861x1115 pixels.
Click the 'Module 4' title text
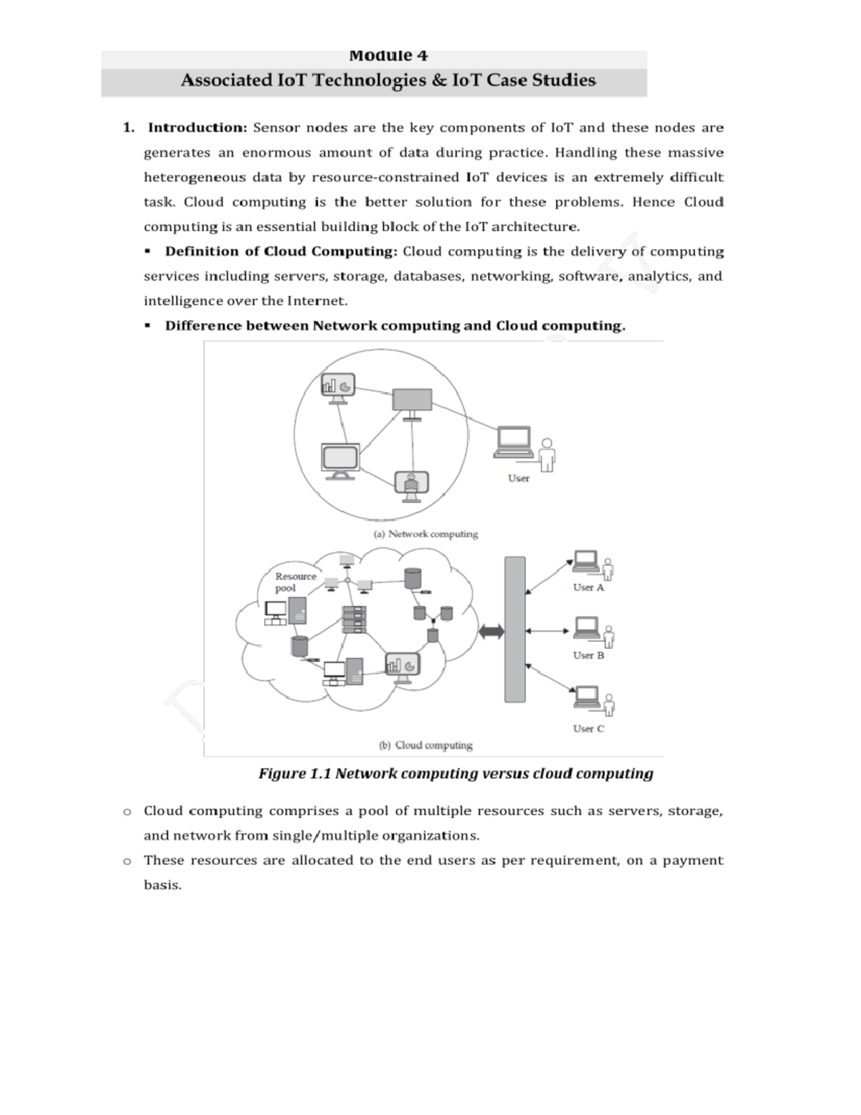click(x=388, y=56)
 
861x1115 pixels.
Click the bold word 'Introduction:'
click(x=197, y=128)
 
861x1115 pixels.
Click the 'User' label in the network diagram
click(x=518, y=478)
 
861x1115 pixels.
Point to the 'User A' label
click(x=588, y=587)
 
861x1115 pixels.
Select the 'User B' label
click(x=588, y=655)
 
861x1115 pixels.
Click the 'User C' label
click(x=588, y=728)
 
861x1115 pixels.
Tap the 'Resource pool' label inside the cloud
click(x=295, y=582)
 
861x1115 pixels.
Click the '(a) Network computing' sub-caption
click(x=425, y=534)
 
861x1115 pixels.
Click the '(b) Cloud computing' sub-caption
click(x=425, y=745)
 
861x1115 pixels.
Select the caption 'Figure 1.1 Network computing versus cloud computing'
click(x=456, y=774)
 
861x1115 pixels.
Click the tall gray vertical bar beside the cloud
click(x=514, y=629)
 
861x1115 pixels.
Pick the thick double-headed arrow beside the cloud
click(x=491, y=631)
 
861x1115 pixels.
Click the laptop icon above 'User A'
click(x=585, y=561)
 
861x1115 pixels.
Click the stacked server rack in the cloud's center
click(x=354, y=619)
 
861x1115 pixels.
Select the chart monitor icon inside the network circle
click(x=338, y=388)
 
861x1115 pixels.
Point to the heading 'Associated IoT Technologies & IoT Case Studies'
click(x=388, y=80)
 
